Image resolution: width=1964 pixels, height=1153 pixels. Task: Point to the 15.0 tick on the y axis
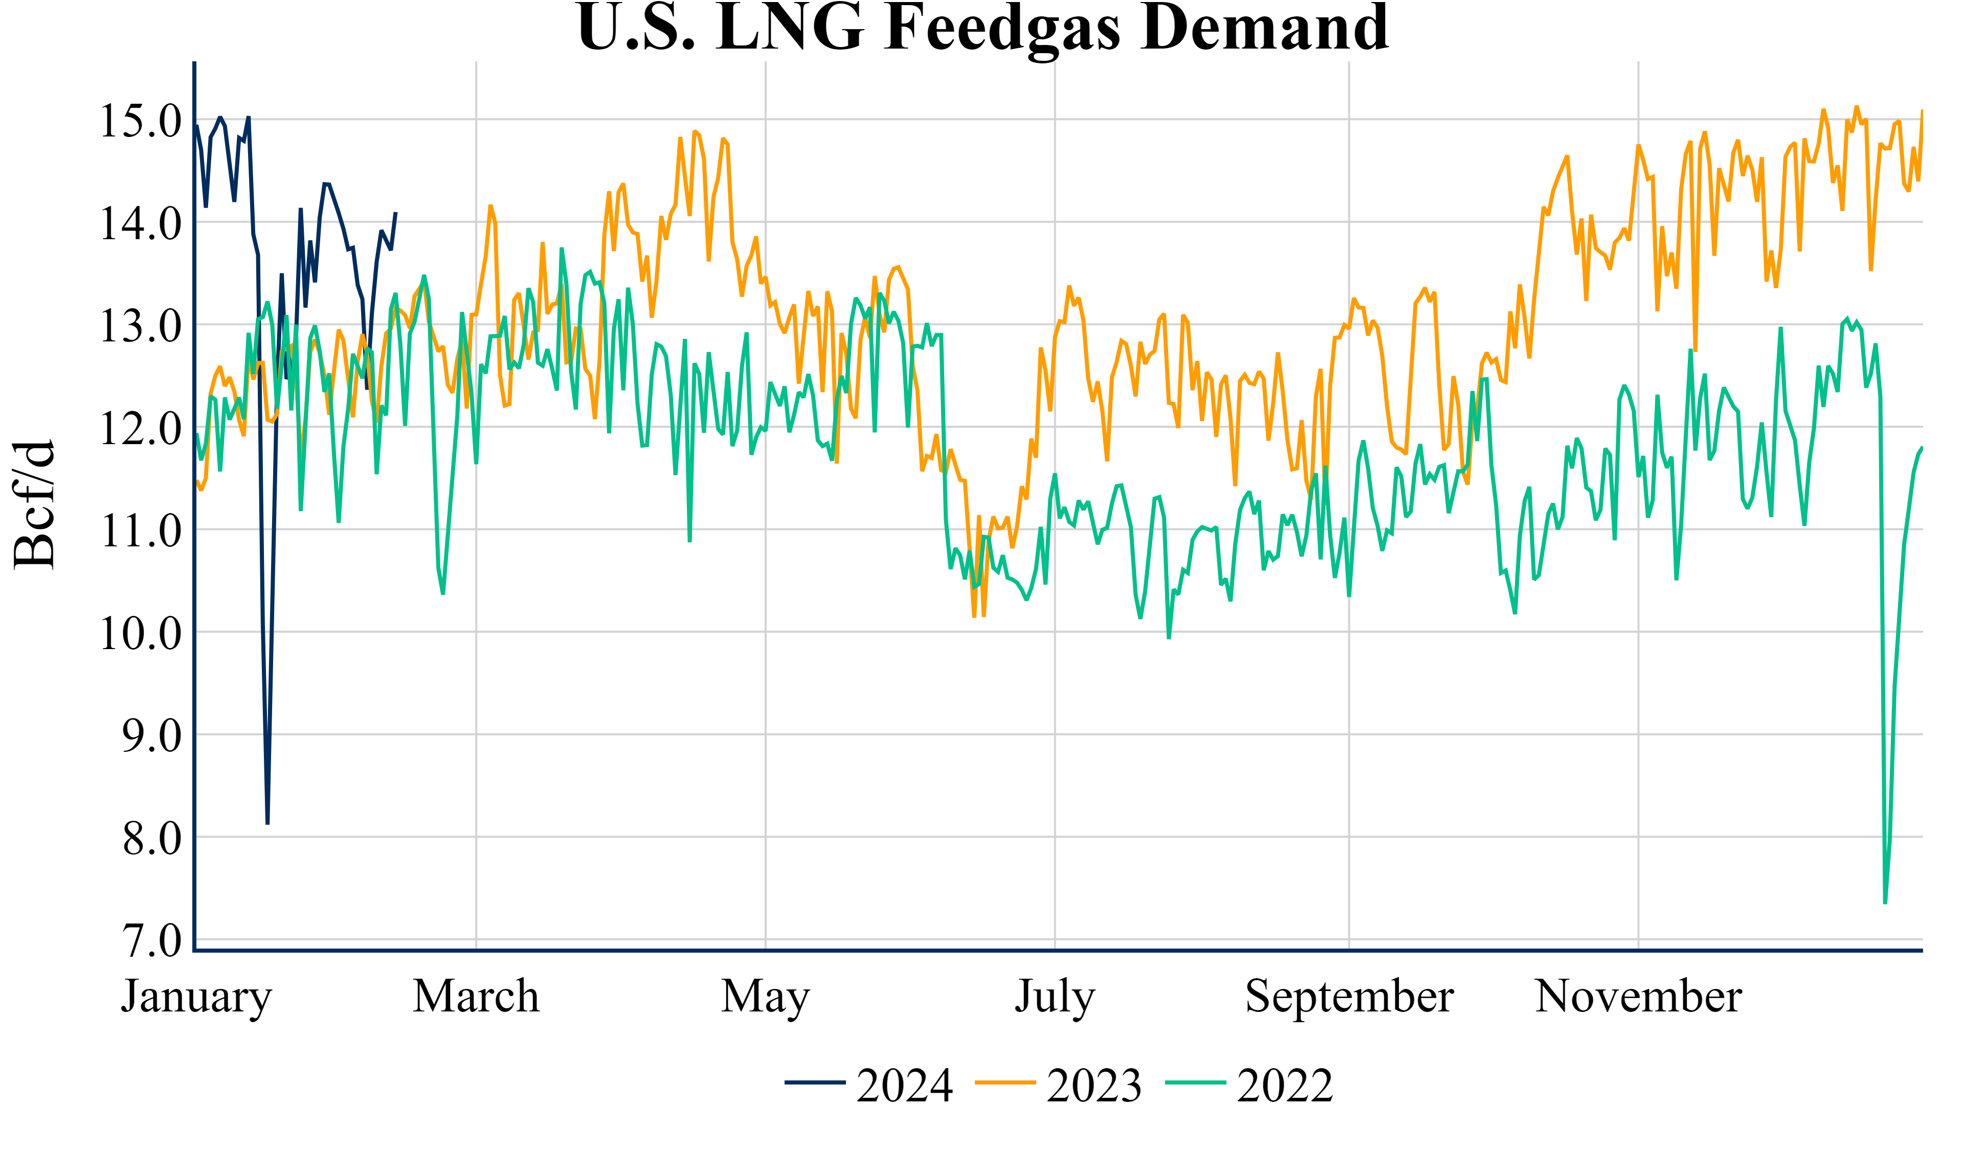140,122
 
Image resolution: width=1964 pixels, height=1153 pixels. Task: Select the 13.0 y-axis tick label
140,327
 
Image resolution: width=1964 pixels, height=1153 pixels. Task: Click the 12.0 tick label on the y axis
140,429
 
